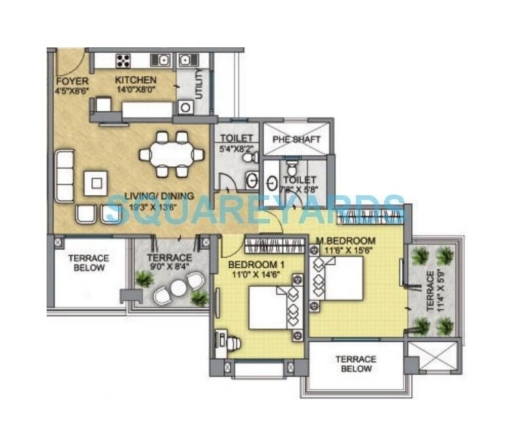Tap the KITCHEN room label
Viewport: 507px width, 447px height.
[x=136, y=80]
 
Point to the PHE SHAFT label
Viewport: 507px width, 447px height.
[x=298, y=139]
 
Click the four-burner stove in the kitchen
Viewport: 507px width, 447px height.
[x=123, y=61]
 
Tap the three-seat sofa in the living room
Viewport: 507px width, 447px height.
[x=64, y=176]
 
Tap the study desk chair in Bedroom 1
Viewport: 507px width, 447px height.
[x=233, y=342]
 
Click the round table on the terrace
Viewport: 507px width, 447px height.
[x=178, y=287]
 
